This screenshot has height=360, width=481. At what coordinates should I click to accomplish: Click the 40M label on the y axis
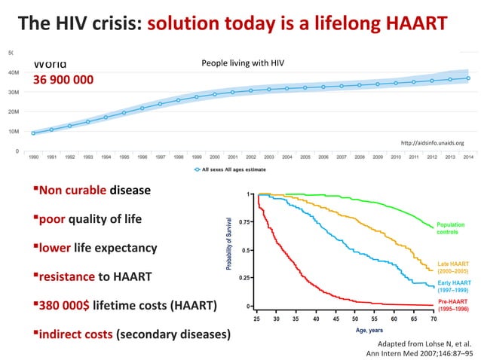click(x=13, y=73)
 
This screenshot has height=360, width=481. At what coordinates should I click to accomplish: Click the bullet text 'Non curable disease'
click(x=94, y=191)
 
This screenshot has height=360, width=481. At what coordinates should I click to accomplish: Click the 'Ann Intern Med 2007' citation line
click(x=414, y=352)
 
